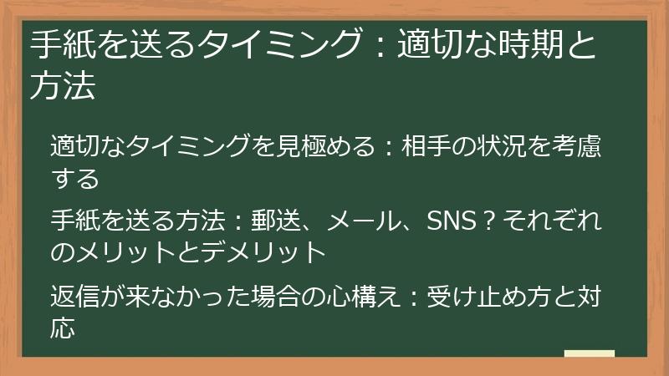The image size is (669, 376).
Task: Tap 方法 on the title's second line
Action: coord(63,86)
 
